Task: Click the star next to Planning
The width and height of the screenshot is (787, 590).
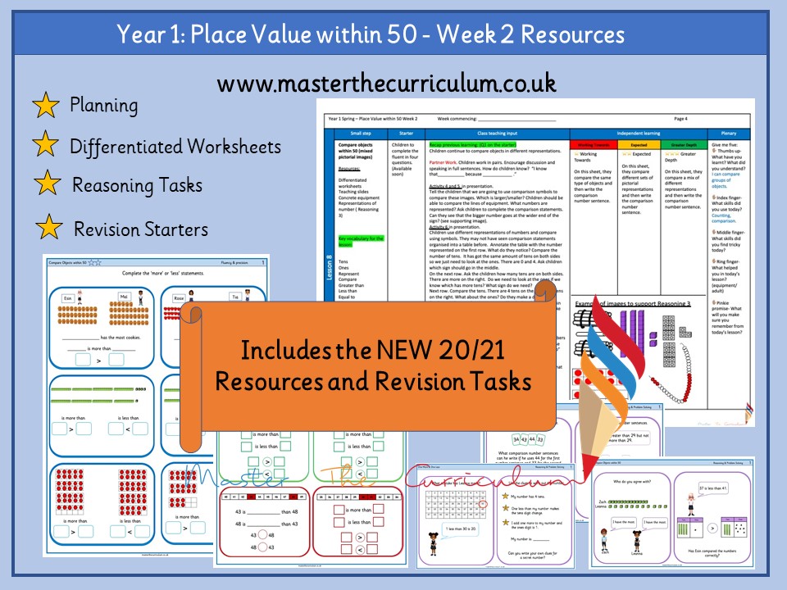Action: tap(45, 106)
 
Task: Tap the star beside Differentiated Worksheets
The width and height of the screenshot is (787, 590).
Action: tap(45, 146)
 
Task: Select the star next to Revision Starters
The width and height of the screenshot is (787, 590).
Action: tap(48, 228)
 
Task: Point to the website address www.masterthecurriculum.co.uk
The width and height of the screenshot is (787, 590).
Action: tap(387, 83)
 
